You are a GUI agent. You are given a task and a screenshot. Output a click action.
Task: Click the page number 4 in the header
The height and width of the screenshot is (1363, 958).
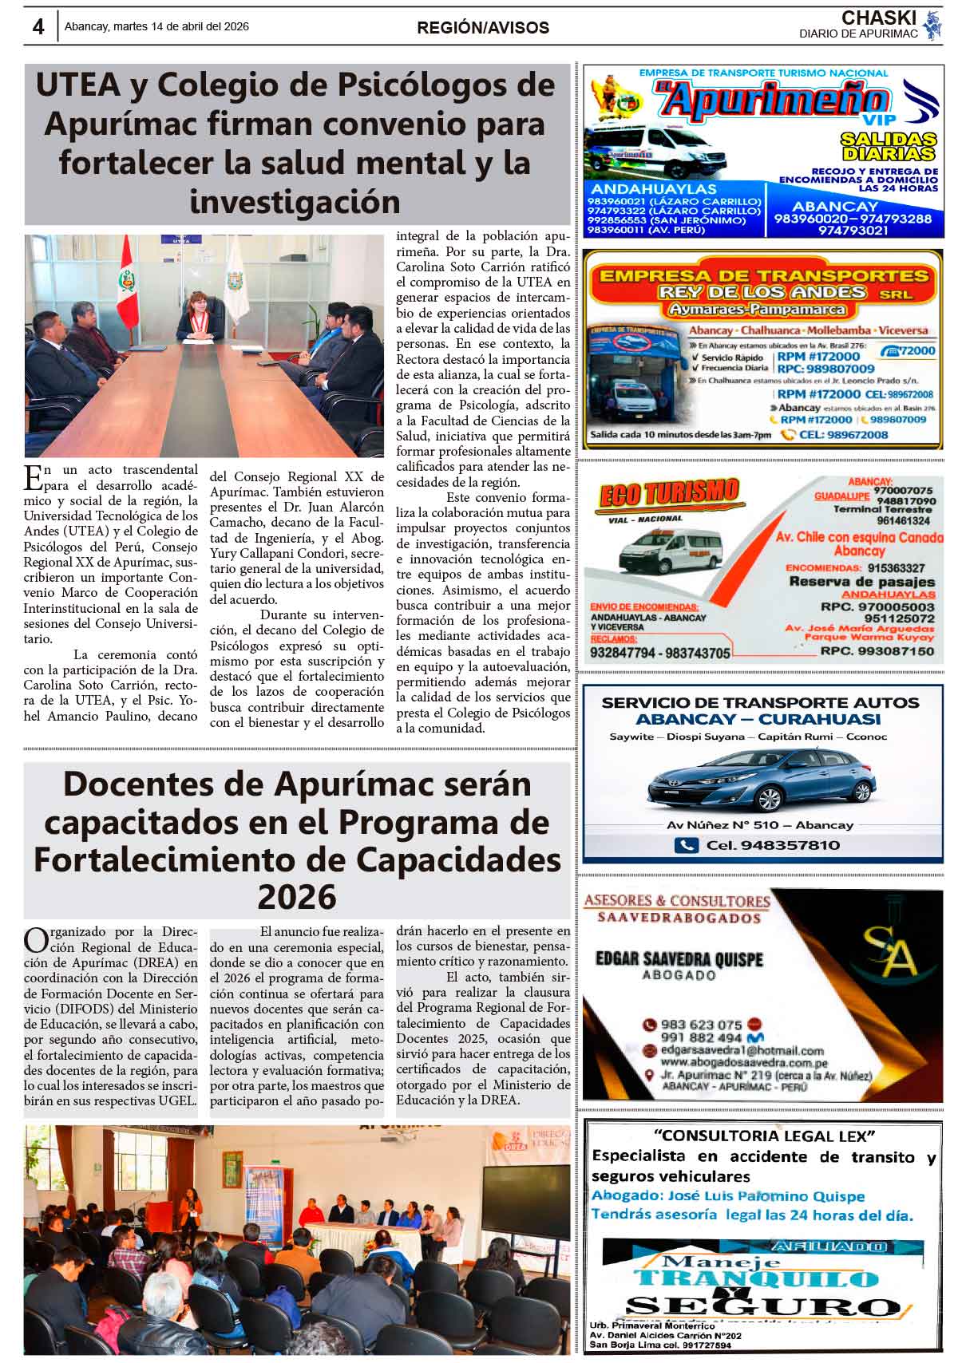[38, 26]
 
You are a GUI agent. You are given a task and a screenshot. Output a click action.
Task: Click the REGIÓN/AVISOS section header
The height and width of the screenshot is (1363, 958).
[482, 28]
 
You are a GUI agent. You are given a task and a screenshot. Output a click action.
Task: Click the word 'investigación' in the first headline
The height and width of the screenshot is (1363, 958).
[295, 201]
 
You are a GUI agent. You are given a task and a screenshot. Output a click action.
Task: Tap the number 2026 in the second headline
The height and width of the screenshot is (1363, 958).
[296, 898]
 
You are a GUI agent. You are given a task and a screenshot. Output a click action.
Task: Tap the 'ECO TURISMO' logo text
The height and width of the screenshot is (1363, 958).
[668, 494]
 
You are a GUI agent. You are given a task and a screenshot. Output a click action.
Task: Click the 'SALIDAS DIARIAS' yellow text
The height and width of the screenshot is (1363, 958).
[887, 146]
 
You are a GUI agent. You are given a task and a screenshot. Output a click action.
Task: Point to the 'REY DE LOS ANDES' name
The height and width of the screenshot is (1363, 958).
[762, 292]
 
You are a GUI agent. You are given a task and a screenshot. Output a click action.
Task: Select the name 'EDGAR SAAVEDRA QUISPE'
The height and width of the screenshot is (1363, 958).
[679, 958]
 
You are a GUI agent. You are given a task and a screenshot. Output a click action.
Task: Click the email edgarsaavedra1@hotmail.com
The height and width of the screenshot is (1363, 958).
[742, 1051]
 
